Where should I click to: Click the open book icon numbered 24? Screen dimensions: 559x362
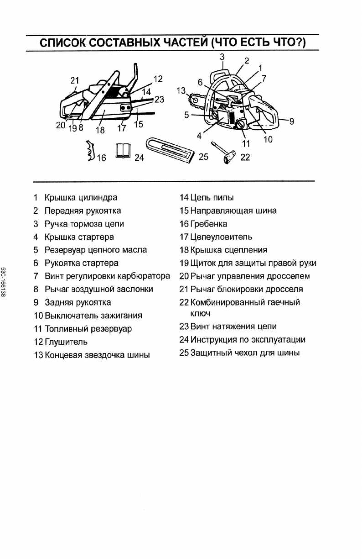[x=123, y=151]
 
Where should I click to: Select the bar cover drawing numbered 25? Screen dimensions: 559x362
[x=169, y=148]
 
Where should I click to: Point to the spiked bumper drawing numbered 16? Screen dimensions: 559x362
[x=90, y=152]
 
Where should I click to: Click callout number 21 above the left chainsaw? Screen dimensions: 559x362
[x=75, y=81]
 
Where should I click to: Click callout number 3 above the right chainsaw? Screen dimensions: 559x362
[x=222, y=57]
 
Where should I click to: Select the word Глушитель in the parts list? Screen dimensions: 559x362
[x=66, y=342]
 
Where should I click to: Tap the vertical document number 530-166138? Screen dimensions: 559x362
[x=4, y=283]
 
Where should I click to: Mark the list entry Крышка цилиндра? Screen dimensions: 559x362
[x=81, y=198]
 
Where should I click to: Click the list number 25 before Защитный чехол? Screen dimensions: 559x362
[x=184, y=353]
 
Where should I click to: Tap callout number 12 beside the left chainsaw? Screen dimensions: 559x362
[x=158, y=79]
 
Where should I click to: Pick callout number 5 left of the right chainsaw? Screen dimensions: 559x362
[x=186, y=115]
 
